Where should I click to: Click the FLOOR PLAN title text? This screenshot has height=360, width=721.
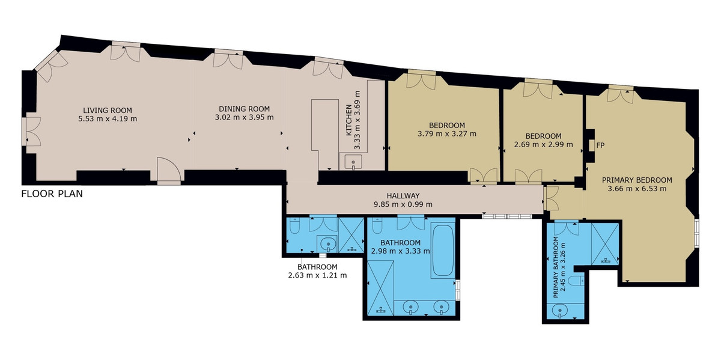[x=52, y=194]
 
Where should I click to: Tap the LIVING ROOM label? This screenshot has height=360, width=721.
[x=108, y=110]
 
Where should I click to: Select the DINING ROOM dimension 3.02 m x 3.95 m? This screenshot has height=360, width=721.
[x=243, y=118]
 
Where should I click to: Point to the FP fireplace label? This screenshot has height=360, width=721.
[x=600, y=145]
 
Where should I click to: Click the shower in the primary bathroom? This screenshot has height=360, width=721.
[x=604, y=243]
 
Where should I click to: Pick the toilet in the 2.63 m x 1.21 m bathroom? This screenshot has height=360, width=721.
[x=294, y=227]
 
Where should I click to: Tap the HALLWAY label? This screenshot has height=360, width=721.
[x=403, y=196]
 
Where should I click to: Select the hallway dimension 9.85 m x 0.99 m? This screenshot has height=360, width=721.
[x=403, y=204]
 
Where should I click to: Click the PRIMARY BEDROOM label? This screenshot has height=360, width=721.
[x=637, y=180]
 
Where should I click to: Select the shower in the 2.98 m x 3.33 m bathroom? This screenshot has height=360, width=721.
[x=380, y=288]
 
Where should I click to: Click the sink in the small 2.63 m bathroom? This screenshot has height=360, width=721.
[x=326, y=243]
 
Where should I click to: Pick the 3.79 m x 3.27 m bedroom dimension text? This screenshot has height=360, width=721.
[x=446, y=133]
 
